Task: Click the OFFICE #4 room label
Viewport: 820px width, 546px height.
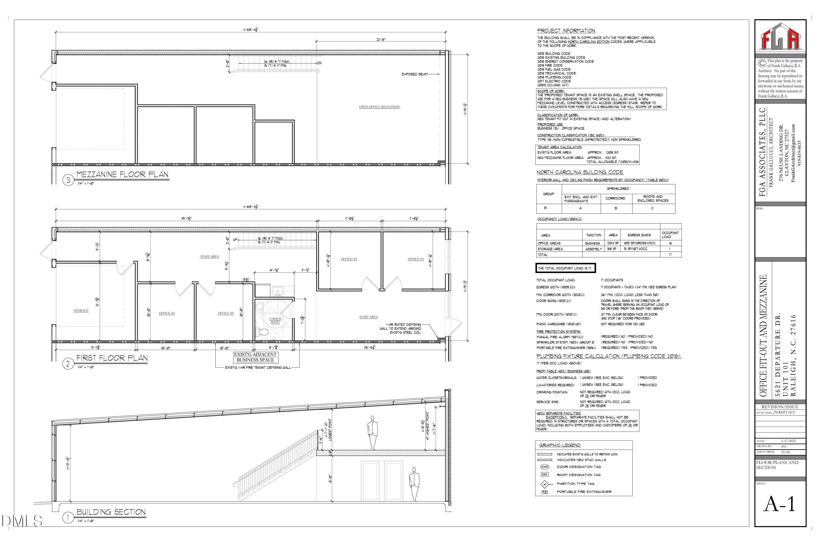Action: click(167, 313)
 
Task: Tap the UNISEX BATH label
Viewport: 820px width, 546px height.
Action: click(275, 320)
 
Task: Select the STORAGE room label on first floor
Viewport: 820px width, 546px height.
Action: click(81, 310)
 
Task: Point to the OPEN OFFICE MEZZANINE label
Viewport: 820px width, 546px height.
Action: click(379, 107)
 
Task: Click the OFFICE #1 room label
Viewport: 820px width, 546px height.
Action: click(415, 259)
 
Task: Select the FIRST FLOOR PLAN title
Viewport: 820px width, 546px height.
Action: click(112, 358)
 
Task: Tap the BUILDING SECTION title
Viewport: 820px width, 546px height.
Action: click(111, 512)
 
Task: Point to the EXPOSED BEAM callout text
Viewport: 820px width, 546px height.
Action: click(414, 74)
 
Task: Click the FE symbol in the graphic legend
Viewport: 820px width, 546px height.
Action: click(544, 492)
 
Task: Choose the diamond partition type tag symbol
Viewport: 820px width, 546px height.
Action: click(544, 484)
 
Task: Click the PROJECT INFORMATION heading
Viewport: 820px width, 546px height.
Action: click(566, 31)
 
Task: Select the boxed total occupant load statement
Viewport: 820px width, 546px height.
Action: click(566, 268)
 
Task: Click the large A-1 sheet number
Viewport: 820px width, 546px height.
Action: click(780, 504)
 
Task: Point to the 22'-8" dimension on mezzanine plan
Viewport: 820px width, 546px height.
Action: click(380, 39)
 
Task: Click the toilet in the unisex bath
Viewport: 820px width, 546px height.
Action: click(264, 332)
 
